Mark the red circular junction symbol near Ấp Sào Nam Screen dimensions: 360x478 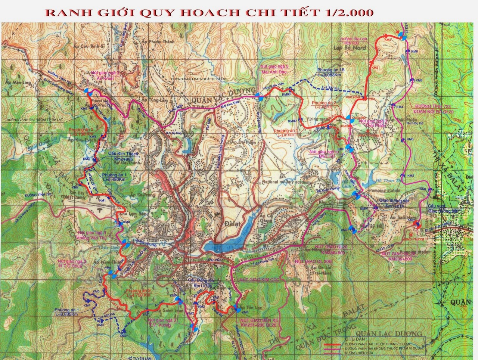click(416, 224)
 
